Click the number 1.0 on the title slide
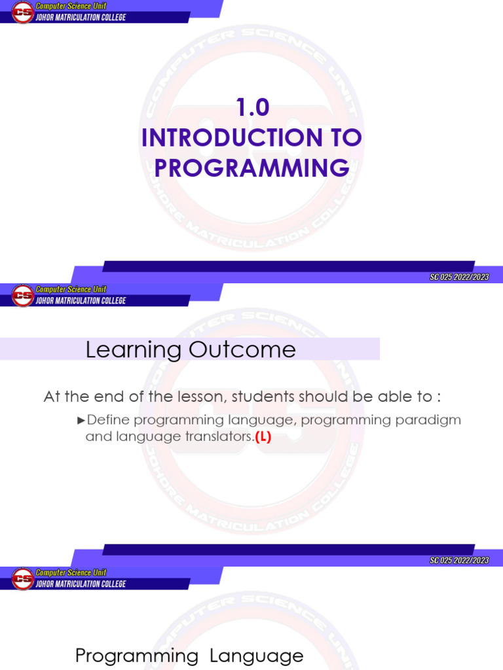click(x=252, y=108)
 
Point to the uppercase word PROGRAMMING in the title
click(x=251, y=168)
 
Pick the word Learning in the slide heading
click(x=133, y=350)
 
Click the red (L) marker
click(x=263, y=438)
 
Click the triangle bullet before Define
click(x=81, y=420)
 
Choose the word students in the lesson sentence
click(x=264, y=397)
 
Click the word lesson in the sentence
click(x=197, y=397)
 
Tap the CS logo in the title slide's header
click(x=22, y=12)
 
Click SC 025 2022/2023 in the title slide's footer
click(x=459, y=277)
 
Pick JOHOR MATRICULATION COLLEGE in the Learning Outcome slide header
click(x=81, y=301)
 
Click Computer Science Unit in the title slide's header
click(x=71, y=6)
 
